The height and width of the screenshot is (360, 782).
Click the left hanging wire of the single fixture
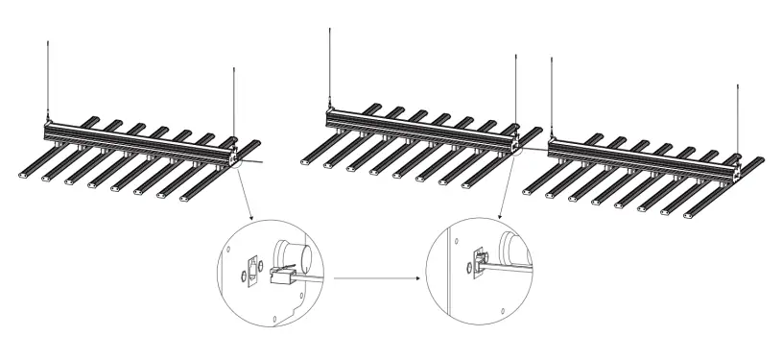tap(48, 77)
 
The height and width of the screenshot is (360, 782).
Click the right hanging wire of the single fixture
tap(233, 101)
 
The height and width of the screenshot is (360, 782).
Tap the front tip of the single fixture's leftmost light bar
tap(26, 176)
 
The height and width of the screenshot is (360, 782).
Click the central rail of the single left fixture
tap(134, 142)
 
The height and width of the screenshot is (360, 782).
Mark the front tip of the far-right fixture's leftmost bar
tap(529, 193)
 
